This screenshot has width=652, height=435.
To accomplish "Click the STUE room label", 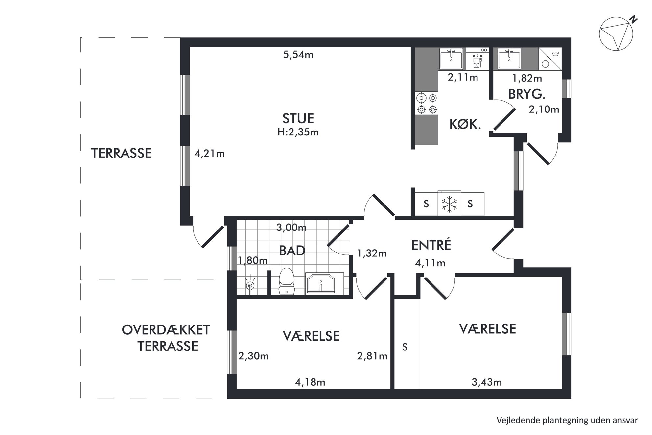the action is point(298,118).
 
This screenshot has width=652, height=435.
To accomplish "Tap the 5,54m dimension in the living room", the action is point(298,55).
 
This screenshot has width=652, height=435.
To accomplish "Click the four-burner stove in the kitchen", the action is point(427,103).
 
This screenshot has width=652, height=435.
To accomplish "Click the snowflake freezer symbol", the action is point(449,204).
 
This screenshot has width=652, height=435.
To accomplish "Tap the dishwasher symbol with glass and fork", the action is point(477,59).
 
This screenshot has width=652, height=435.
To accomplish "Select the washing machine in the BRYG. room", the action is point(550,59).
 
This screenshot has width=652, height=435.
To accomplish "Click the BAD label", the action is point(292,251).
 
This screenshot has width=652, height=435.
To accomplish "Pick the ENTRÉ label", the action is point(431,245).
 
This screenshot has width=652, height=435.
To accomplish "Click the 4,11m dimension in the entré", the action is point(430,263).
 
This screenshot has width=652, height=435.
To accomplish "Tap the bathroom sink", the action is point(320,283).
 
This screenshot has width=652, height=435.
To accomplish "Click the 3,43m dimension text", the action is point(487,382).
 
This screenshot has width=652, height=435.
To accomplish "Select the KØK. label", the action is point(465,124).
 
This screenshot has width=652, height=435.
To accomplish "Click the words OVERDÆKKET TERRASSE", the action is point(166,338).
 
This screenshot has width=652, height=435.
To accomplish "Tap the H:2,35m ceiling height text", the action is point(298,132).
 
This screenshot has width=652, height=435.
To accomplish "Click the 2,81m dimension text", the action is point(372,356).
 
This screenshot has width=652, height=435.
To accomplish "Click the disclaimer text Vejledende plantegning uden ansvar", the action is point(567,420).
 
